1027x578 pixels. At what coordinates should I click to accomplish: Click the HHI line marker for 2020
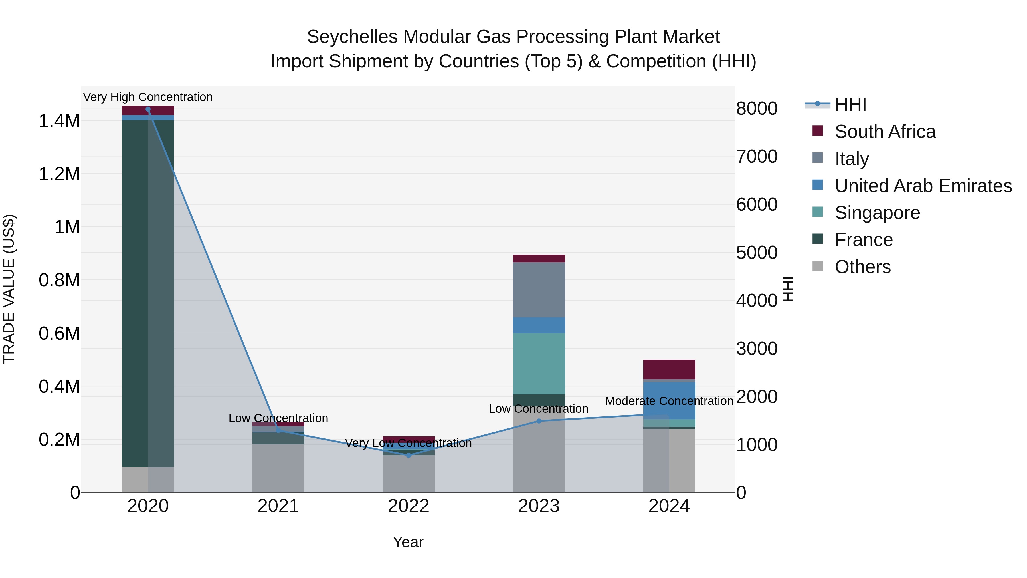[x=148, y=109]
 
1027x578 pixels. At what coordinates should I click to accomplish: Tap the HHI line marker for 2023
[x=539, y=421]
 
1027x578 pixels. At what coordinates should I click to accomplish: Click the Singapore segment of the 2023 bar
[x=539, y=363]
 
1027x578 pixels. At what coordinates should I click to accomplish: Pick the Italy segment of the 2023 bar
[x=539, y=290]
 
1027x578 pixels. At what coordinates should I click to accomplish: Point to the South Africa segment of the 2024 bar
[x=669, y=369]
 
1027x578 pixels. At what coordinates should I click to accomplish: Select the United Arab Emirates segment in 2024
[x=669, y=400]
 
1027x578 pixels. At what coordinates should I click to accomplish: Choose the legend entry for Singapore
[x=877, y=213]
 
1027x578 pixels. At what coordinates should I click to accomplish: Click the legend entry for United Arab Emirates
[x=923, y=186]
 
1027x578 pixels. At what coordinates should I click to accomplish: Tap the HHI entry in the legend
[x=850, y=104]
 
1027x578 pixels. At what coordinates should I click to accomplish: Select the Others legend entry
[x=862, y=267]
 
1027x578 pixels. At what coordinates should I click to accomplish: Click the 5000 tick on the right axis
[x=757, y=253]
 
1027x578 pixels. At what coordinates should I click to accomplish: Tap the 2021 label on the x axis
[x=278, y=506]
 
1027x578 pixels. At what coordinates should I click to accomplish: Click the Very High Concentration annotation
[x=148, y=97]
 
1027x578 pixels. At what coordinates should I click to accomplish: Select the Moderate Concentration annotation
[x=669, y=401]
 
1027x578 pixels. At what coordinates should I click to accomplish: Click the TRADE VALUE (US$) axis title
[x=9, y=289]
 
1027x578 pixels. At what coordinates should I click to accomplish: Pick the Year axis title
[x=408, y=542]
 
